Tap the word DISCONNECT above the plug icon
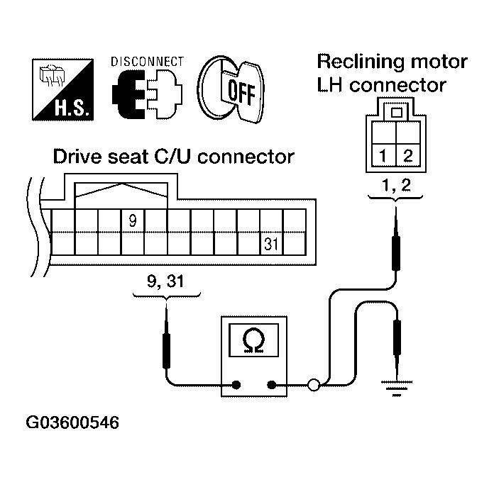(148, 62)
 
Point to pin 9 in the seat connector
(132, 220)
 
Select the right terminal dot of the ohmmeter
(272, 386)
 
